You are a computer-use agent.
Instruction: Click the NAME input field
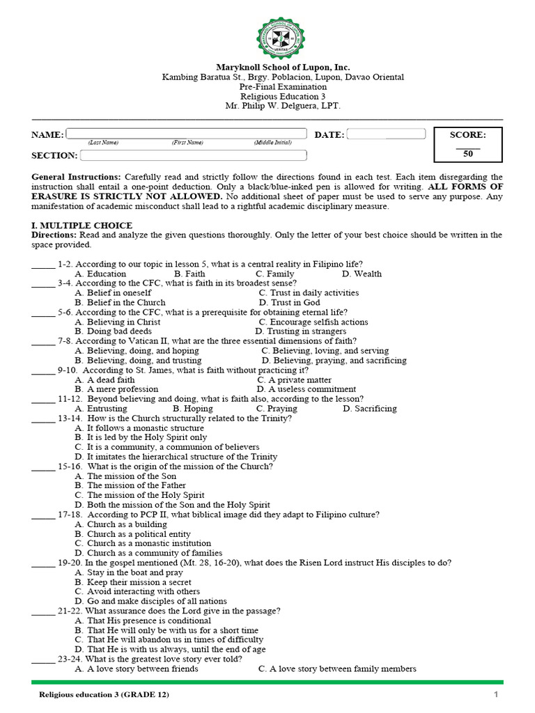[x=187, y=134]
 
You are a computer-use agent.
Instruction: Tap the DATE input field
[x=386, y=134]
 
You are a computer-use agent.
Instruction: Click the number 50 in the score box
[x=467, y=154]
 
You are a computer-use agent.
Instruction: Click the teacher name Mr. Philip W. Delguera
[x=282, y=106]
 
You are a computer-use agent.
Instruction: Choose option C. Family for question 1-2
[x=274, y=274]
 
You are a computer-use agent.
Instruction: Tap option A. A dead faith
[x=105, y=380]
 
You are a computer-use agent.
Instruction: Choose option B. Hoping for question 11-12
[x=193, y=409]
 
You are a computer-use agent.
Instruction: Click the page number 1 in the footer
[x=496, y=695]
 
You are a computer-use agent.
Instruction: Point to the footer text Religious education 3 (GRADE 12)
[x=103, y=695]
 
